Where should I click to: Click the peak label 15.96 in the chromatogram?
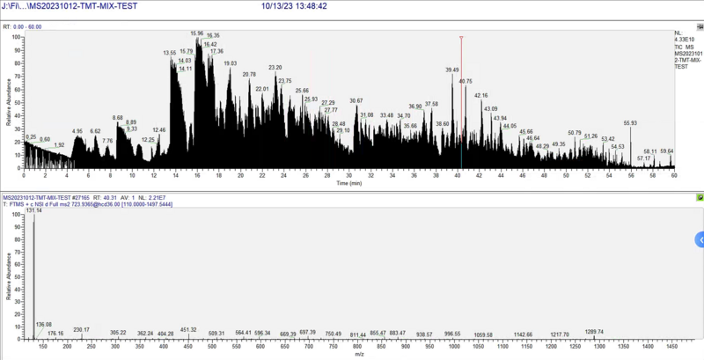click(x=196, y=33)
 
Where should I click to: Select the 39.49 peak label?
click(x=452, y=70)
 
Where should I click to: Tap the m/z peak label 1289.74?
click(x=594, y=332)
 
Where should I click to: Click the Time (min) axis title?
click(x=349, y=184)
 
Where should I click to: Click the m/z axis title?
click(x=358, y=354)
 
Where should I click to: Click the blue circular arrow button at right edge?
click(x=700, y=239)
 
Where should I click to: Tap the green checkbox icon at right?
click(x=700, y=197)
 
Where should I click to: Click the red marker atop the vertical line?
click(x=461, y=38)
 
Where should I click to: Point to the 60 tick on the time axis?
click(x=674, y=175)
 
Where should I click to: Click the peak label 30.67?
click(x=356, y=101)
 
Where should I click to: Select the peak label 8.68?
click(x=118, y=117)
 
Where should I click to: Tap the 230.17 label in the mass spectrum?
click(x=82, y=330)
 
